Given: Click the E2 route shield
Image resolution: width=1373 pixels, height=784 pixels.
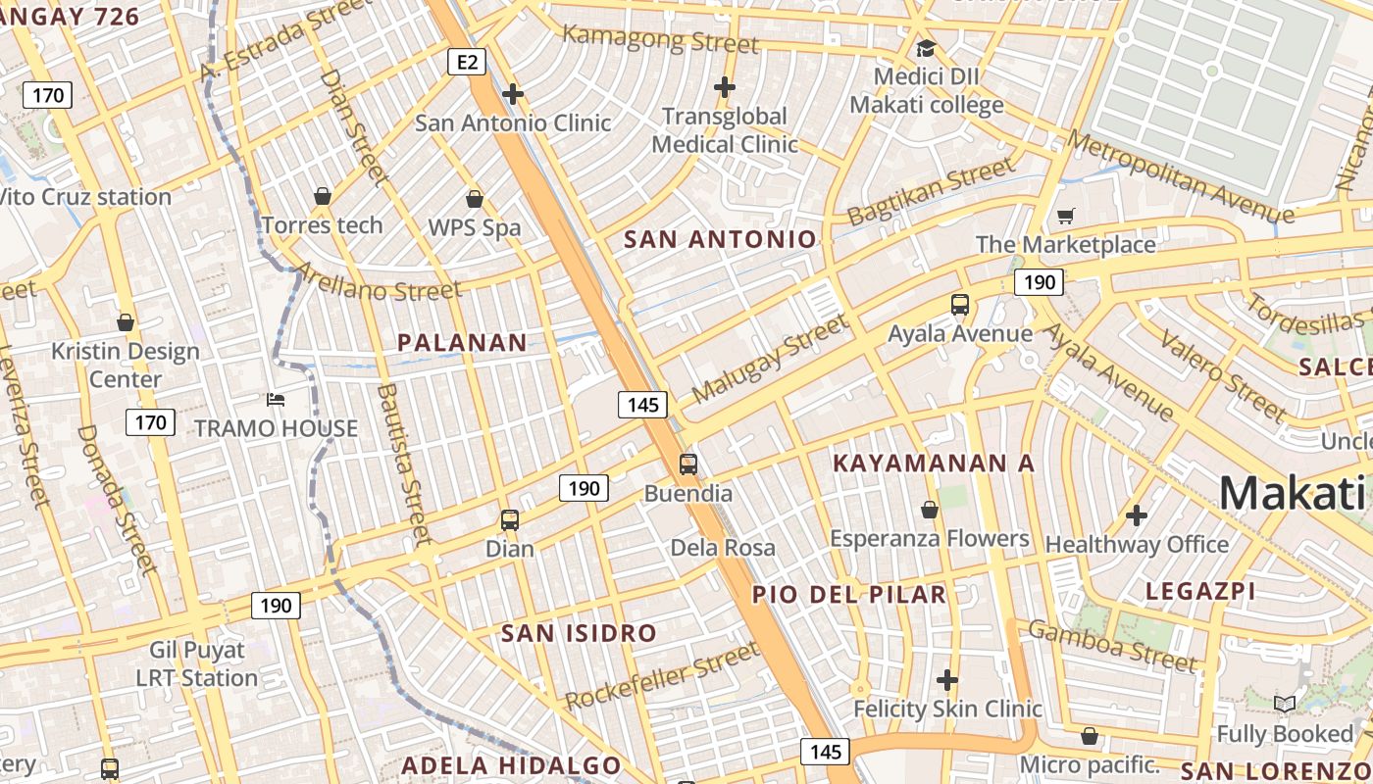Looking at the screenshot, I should [467, 63].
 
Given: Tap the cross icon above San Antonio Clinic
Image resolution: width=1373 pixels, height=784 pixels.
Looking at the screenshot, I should [512, 94].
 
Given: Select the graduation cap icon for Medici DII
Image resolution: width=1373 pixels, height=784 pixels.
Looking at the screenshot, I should [926, 48].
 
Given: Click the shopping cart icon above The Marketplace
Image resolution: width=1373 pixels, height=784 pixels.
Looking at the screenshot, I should [1065, 216].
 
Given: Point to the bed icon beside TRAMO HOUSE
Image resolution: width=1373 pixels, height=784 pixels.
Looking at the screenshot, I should [276, 400].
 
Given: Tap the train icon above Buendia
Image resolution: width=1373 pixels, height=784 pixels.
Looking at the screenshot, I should [688, 464].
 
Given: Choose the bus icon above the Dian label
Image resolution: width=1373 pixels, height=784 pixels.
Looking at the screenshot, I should [510, 519].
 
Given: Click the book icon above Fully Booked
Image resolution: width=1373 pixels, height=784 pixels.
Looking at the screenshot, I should [1284, 704].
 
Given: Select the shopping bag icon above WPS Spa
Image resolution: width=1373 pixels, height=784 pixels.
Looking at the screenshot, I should [475, 199].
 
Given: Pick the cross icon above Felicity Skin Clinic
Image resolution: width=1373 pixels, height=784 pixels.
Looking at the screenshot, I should [947, 679].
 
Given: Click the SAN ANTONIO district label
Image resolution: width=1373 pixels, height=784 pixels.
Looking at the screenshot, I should [720, 239].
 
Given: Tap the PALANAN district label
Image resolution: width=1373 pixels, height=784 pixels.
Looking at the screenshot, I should [462, 342].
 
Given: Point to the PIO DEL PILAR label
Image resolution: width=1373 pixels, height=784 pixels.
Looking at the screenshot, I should [849, 594].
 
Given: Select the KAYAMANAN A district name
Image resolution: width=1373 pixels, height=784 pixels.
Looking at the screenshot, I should [934, 464].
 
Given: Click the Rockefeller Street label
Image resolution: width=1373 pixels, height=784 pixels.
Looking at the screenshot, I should [663, 676].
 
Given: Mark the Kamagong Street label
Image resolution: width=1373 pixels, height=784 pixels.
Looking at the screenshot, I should [661, 40].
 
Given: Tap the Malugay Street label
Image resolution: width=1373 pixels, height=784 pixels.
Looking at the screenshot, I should [770, 359].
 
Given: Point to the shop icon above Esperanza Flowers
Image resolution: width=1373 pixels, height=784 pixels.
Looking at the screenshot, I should [930, 510].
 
